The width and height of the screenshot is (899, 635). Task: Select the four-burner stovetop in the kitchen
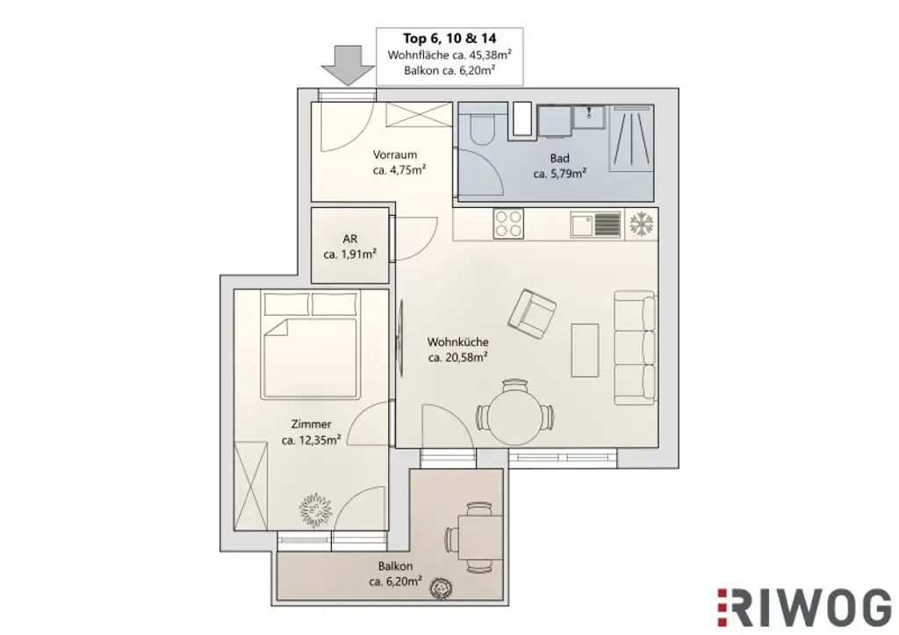click(x=508, y=225)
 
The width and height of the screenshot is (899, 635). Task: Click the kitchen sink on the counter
click(x=583, y=225)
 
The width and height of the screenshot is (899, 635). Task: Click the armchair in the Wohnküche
click(x=532, y=314)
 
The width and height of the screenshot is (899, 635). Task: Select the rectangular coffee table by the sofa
click(x=585, y=349)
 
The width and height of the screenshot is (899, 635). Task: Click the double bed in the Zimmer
click(x=309, y=346)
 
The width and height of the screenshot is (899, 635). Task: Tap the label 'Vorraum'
click(x=394, y=154)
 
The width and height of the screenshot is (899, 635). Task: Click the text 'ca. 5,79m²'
click(x=560, y=174)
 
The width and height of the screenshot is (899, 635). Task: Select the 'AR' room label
click(x=349, y=239)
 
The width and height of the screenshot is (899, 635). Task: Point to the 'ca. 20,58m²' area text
click(x=457, y=357)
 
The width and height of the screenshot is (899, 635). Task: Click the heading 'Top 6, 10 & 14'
click(x=449, y=39)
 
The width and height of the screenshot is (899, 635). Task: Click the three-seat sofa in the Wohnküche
click(x=634, y=349)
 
